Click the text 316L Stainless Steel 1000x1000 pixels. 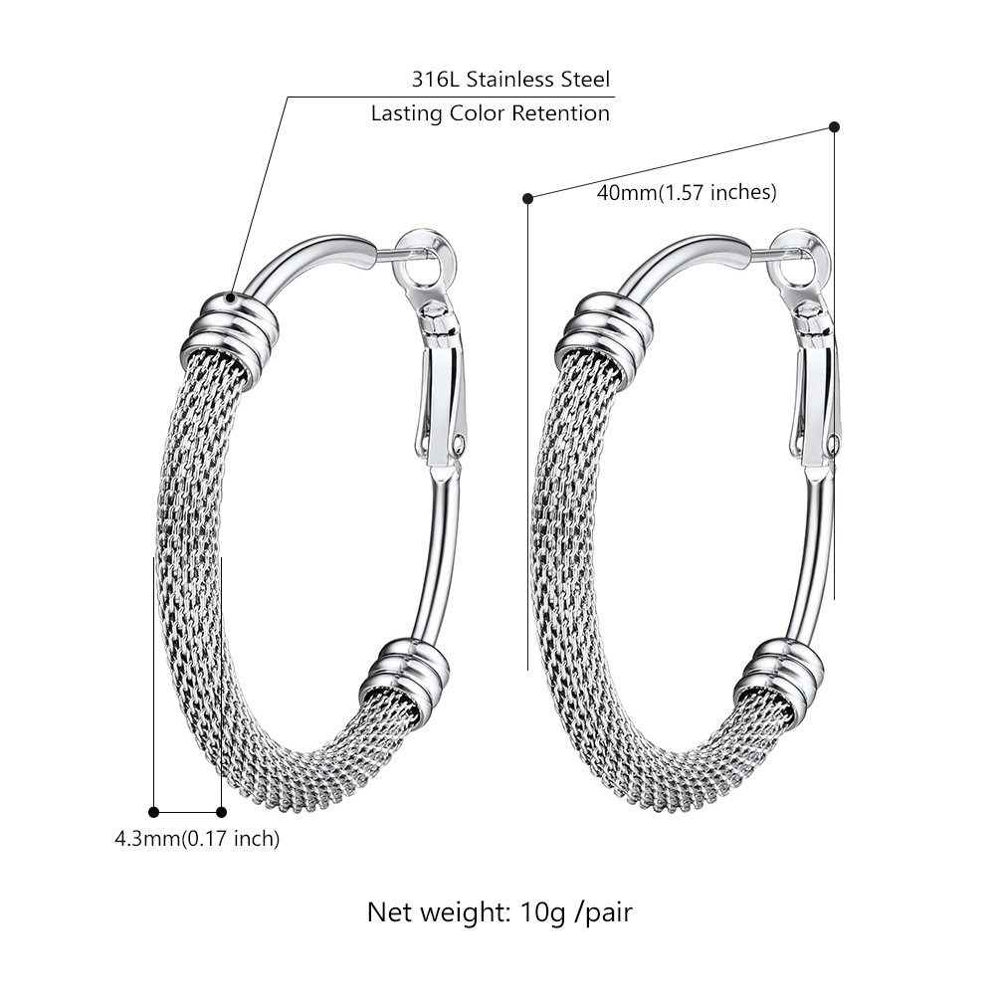coord(510,79)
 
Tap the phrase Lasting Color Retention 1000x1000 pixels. coord(491,113)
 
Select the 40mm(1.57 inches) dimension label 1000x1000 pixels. coord(687,192)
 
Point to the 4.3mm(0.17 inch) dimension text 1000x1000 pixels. coord(197,838)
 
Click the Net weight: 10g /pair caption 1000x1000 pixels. coord(500,912)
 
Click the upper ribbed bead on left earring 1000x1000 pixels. coord(230,330)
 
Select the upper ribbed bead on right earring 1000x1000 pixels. coord(605,330)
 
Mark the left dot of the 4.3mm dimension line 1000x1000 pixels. coord(153,812)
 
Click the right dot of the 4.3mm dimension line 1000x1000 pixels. coord(221,812)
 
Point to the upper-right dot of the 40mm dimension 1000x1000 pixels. coord(834,127)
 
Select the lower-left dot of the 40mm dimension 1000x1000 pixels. coord(527,198)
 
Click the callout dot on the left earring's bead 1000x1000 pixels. coord(231,297)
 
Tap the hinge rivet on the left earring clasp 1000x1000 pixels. coord(458,442)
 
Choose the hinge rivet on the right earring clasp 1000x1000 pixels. coord(832,442)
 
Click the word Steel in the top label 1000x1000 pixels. coord(585,79)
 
